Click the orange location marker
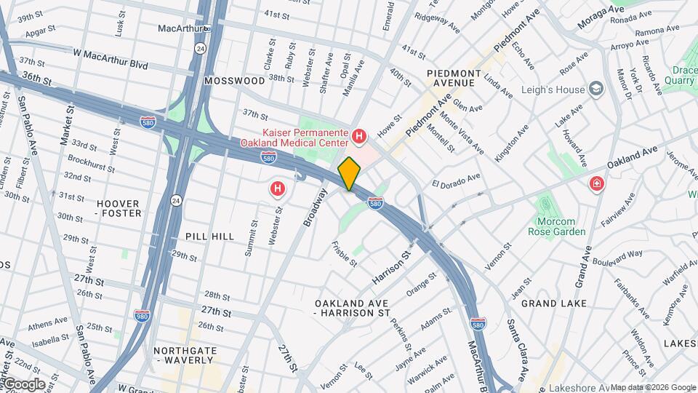click(x=350, y=173)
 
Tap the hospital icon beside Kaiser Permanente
click(x=358, y=135)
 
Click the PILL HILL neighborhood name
click(x=209, y=237)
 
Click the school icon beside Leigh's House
click(x=597, y=90)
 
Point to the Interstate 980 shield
click(x=143, y=314)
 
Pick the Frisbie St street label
click(x=344, y=253)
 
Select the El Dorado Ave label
click(x=457, y=179)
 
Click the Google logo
click(x=24, y=384)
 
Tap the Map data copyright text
click(x=652, y=387)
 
